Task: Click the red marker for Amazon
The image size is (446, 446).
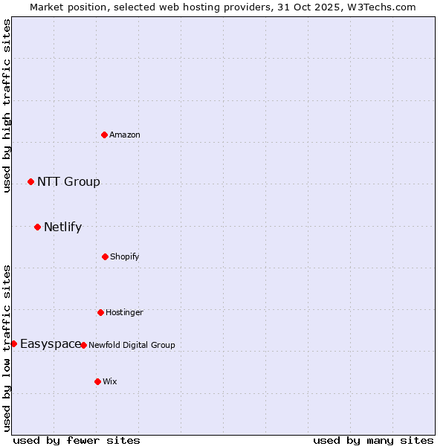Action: [105, 135]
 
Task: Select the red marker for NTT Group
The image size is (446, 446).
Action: [30, 181]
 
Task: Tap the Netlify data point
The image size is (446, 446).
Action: [37, 227]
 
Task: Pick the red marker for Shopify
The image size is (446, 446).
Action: [105, 256]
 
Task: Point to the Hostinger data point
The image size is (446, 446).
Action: [100, 312]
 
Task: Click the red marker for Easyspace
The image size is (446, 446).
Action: [13, 343]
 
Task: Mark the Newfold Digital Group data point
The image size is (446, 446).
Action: [83, 345]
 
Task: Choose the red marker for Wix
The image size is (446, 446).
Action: [97, 381]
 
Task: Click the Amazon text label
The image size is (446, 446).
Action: [125, 135]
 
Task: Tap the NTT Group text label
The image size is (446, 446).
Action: [68, 181]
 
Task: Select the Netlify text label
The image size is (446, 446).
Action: [62, 227]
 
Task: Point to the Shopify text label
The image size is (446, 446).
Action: [125, 256]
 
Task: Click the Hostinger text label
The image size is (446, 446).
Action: [124, 312]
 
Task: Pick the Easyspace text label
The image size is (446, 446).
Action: [50, 343]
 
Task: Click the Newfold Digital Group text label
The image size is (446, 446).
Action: [132, 345]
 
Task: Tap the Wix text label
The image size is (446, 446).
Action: [110, 381]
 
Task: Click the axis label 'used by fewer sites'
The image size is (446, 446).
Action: [77, 440]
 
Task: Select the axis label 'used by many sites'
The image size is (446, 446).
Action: [373, 440]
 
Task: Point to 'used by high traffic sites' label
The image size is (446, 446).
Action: [7, 106]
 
